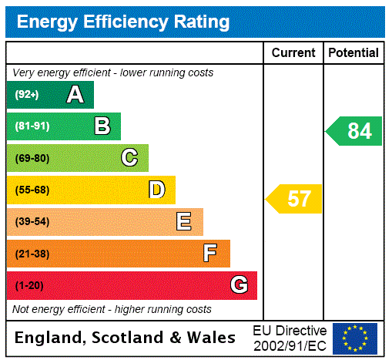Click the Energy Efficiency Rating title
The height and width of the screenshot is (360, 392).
(123, 22)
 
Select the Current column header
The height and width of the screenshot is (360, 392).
(293, 53)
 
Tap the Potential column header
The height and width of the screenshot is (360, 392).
(353, 53)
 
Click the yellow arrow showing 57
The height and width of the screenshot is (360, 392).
(294, 199)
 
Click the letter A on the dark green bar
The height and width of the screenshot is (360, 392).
(75, 95)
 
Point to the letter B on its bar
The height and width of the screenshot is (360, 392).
(102, 126)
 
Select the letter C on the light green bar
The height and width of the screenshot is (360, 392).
(129, 158)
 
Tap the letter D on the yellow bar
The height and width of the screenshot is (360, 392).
(156, 190)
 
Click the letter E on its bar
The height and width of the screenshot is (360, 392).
(184, 222)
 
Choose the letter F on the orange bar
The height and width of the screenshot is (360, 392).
(210, 254)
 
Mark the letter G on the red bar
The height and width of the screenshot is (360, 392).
(239, 285)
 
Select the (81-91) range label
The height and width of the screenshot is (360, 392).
(32, 126)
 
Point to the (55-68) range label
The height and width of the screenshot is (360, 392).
(32, 190)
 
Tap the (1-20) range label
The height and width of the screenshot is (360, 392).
(29, 285)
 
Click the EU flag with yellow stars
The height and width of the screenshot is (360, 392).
(355, 338)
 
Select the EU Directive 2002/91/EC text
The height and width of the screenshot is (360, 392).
(290, 338)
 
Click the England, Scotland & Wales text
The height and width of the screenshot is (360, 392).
(126, 338)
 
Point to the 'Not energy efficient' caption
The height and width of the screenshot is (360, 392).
(112, 309)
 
